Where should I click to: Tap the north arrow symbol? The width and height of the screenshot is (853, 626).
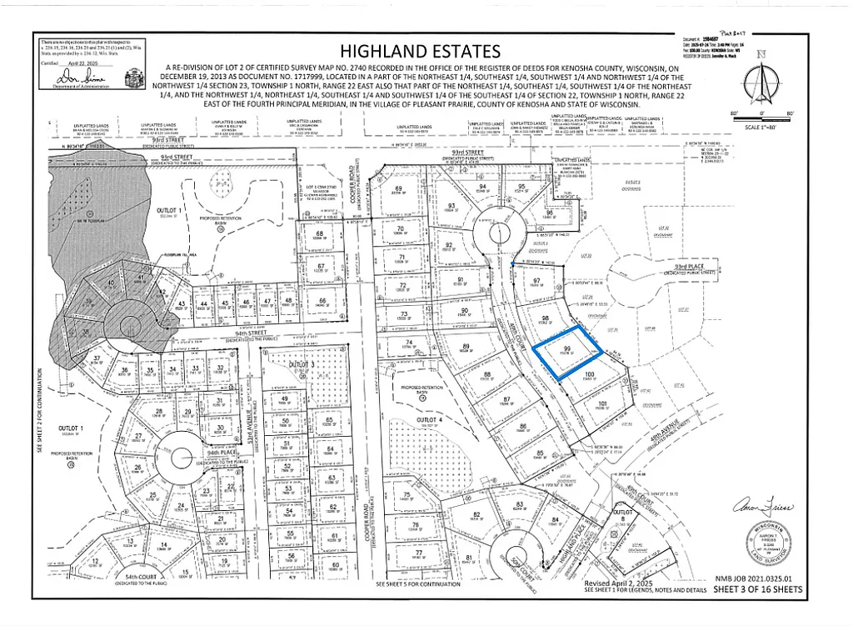(761, 80)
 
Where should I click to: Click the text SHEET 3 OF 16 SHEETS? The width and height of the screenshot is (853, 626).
(758, 590)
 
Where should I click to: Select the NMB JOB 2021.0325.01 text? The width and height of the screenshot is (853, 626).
(758, 577)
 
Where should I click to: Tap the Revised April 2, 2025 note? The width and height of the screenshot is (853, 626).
(621, 583)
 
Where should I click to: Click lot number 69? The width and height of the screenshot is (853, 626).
(399, 190)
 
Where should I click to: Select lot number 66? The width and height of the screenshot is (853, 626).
(322, 302)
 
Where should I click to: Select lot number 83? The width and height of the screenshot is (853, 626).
(519, 504)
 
